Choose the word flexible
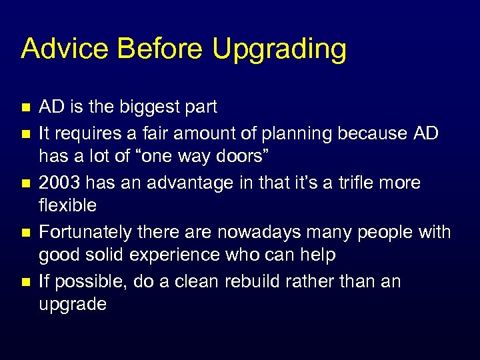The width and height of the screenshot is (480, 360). [x=67, y=206]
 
